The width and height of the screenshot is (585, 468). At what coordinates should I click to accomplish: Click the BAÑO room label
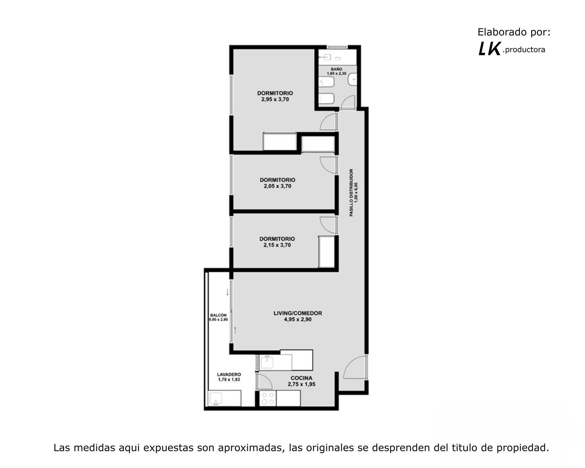pos(337,69)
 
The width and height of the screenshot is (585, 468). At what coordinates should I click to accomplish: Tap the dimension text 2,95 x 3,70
pos(275,99)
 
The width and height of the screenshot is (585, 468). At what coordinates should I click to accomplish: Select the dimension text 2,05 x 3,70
pos(278,186)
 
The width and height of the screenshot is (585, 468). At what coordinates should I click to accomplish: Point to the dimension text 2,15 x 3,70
pos(277,245)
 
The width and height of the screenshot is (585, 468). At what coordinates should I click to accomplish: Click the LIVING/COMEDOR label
pos(298,313)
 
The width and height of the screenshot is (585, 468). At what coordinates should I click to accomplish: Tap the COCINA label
pos(301,378)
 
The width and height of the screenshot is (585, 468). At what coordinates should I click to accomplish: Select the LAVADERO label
pos(229,374)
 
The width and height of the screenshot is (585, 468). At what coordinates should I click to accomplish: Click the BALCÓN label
pos(218,315)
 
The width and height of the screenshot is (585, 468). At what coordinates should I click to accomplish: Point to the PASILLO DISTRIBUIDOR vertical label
pos(351,193)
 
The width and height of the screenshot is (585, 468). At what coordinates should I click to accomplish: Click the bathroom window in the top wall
pos(337,47)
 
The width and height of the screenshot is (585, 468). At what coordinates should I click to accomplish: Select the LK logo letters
pos(489,49)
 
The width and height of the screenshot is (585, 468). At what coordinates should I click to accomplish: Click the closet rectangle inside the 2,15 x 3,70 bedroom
pos(326,252)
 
